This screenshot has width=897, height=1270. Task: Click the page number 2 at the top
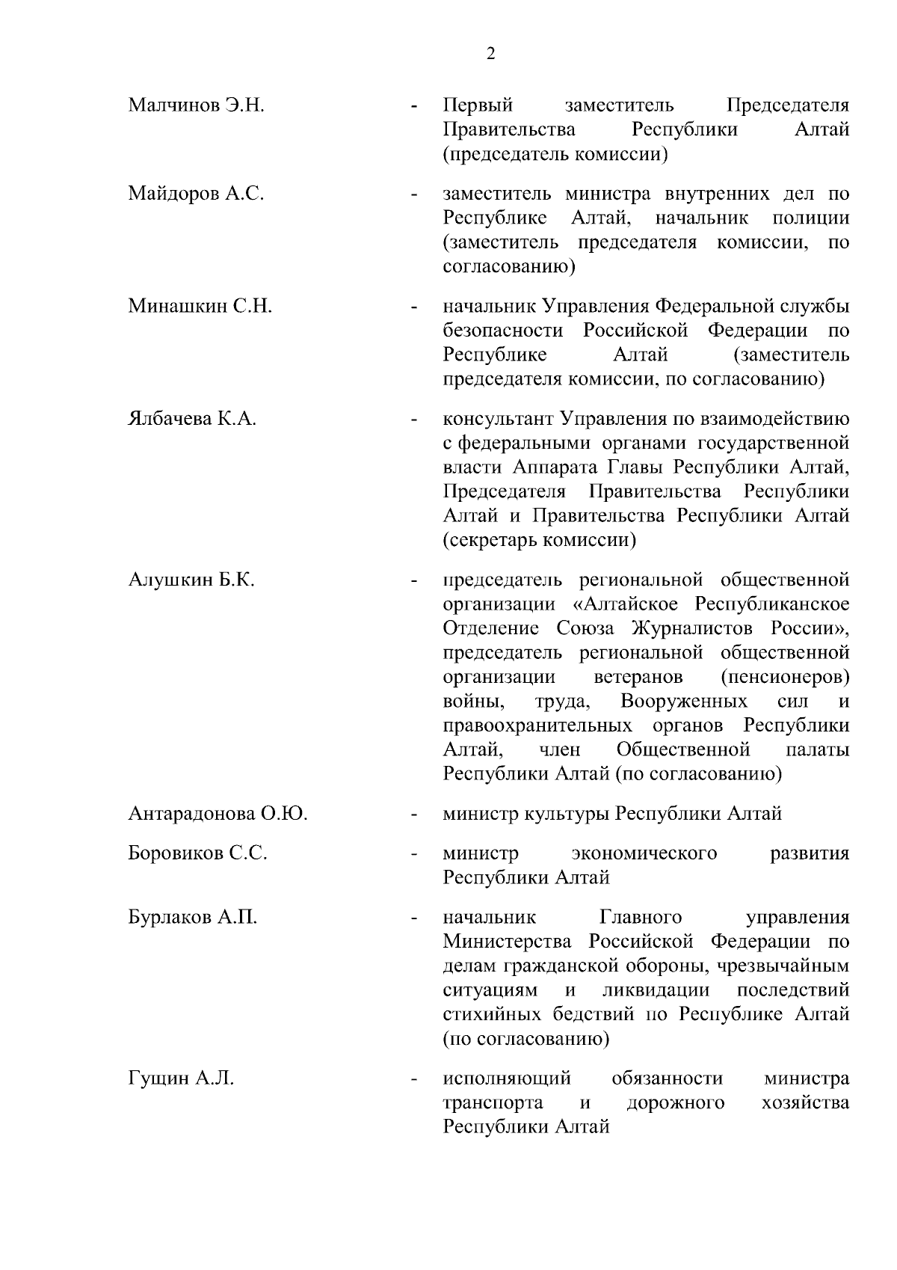click(x=490, y=54)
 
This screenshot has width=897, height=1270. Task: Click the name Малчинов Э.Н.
click(x=197, y=105)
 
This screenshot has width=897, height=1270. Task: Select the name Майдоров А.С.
click(x=196, y=194)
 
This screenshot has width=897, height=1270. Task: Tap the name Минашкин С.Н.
click(x=200, y=306)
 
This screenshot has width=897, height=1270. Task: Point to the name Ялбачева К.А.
click(x=192, y=419)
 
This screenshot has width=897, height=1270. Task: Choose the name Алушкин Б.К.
click(x=191, y=580)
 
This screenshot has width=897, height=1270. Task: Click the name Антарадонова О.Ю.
click(x=218, y=814)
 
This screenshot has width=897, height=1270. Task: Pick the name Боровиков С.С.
click(x=197, y=853)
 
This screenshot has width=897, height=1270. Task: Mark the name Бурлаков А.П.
click(x=192, y=918)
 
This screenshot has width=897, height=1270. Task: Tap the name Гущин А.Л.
click(x=181, y=1079)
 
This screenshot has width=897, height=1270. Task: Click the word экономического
click(x=644, y=853)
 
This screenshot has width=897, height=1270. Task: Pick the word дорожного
click(x=675, y=1103)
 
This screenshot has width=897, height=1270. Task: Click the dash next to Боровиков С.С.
click(x=413, y=854)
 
